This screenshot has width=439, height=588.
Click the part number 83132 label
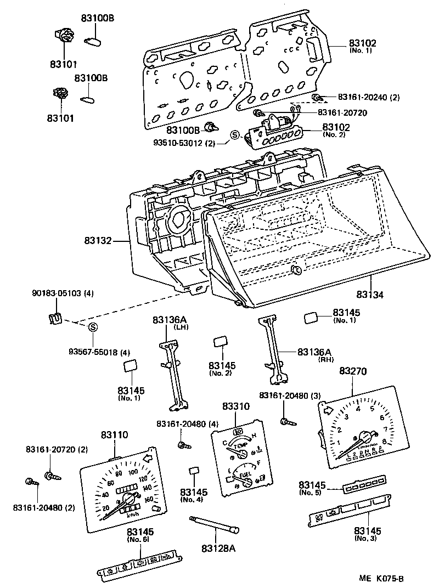98,241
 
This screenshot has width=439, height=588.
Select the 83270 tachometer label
353,372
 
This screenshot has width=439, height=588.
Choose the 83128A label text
218,548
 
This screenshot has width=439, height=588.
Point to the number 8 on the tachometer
384,440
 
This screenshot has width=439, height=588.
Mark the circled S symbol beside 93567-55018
93,327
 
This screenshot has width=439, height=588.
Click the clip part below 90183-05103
54,318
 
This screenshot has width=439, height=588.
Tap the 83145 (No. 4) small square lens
193,471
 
